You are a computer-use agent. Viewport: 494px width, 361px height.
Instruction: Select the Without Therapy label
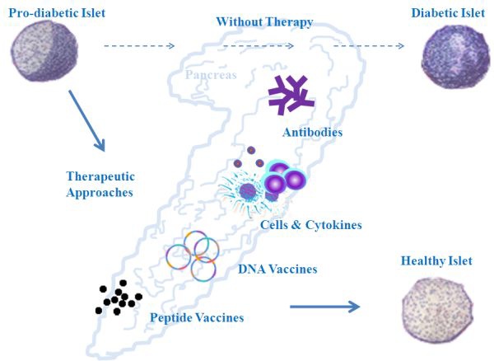coord(263,21)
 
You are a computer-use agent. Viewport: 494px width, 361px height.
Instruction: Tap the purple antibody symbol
coord(291,95)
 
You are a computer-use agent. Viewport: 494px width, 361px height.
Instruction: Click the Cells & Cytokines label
coord(310,224)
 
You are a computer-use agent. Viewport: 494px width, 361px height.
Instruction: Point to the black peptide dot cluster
coord(118,298)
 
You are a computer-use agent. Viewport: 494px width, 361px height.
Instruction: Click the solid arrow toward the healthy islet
coord(324,307)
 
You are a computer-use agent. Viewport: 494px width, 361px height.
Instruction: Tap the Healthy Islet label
coord(436,261)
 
